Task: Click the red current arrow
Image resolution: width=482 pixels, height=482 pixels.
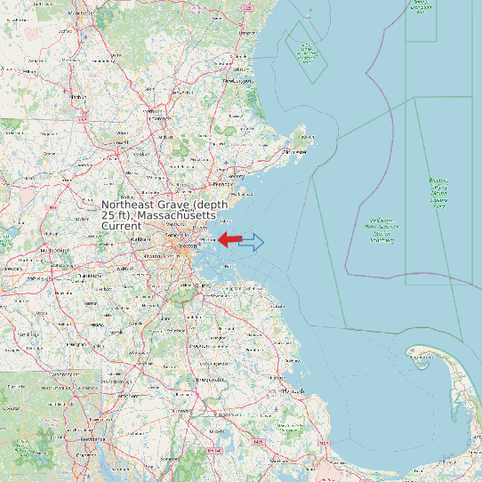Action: point(229,239)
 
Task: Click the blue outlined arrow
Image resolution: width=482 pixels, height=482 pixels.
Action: point(253,241)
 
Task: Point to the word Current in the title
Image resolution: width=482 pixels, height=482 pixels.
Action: point(121,227)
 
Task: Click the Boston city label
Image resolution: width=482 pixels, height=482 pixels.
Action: point(187,245)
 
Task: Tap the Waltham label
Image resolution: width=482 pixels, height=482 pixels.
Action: point(141,240)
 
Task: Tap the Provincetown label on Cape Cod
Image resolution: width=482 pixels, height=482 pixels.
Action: point(418,357)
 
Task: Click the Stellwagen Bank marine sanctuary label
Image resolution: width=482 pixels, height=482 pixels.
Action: point(382,229)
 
